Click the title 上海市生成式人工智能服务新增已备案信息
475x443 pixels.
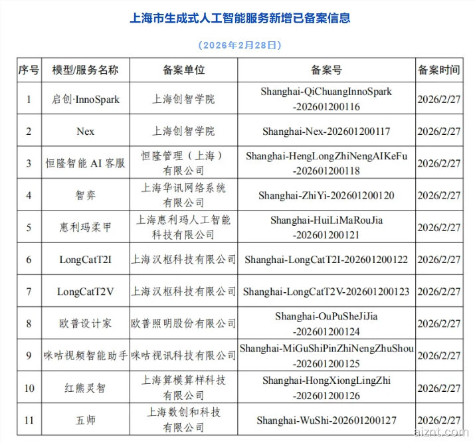point(240,18)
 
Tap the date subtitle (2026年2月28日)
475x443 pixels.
point(240,45)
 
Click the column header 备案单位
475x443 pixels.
point(183,70)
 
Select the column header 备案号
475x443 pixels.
point(326,70)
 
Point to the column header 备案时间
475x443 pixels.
point(438,70)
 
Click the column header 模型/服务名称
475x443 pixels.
point(85,70)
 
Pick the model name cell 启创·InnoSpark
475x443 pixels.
point(85,99)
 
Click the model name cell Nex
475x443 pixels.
point(85,131)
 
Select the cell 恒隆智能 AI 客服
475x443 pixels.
point(85,163)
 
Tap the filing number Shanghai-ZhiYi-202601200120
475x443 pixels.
point(326,195)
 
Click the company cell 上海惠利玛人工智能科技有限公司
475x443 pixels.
point(183,227)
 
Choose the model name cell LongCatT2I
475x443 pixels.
point(85,259)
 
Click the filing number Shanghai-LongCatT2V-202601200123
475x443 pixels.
point(326,291)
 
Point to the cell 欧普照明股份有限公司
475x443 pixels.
point(183,323)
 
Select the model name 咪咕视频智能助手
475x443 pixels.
point(85,355)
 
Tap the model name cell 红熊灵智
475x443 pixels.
point(85,387)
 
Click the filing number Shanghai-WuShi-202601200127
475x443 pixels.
point(326,420)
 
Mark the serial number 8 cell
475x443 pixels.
point(29,323)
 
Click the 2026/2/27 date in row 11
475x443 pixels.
point(438,420)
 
